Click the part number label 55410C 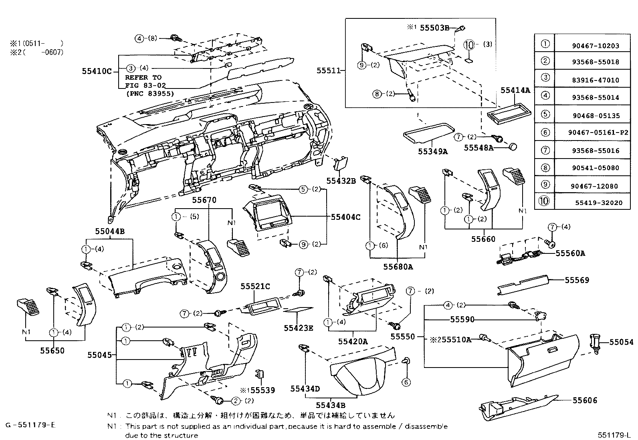pyautogui.click(x=97, y=72)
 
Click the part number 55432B pyautogui.click(x=341, y=181)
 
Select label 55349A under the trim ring pyautogui.click(x=432, y=151)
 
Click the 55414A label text pyautogui.click(x=515, y=91)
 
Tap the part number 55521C pyautogui.click(x=255, y=287)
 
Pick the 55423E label pyautogui.click(x=298, y=328)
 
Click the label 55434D pyautogui.click(x=305, y=389)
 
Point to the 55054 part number pyautogui.click(x=621, y=342)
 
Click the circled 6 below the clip pyautogui.click(x=406, y=382)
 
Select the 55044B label pyautogui.click(x=110, y=231)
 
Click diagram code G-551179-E pyautogui.click(x=30, y=424)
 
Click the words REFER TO pyautogui.click(x=143, y=78)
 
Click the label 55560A pyautogui.click(x=570, y=253)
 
